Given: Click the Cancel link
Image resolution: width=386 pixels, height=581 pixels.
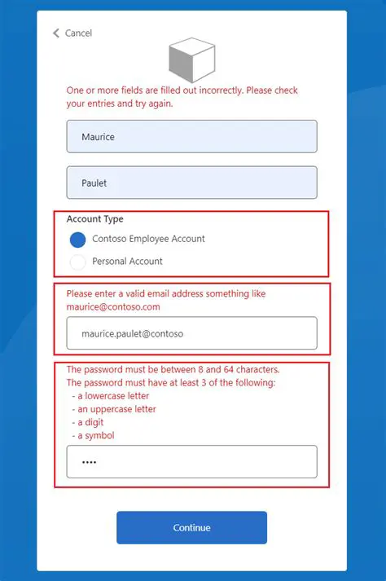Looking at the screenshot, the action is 78,33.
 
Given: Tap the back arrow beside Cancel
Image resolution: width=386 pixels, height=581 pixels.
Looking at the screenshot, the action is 56,33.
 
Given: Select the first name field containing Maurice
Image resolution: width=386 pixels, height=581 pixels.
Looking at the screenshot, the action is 191,137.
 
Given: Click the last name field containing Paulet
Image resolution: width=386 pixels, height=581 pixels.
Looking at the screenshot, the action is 191,183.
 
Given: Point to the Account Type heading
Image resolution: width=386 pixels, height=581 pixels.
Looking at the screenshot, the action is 95,219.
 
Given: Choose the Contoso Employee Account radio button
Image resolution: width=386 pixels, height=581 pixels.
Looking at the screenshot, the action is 77,240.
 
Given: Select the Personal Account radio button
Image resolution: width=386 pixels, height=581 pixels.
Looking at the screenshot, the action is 77,262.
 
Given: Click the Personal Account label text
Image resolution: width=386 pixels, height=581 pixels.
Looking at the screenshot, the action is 127,262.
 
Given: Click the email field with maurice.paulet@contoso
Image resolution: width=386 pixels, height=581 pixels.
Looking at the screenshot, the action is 191,333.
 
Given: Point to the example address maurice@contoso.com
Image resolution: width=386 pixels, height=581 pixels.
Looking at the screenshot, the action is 113,307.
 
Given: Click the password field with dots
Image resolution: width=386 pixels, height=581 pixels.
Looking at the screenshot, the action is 191,462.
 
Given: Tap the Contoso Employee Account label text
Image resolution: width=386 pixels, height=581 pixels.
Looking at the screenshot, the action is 149,239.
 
